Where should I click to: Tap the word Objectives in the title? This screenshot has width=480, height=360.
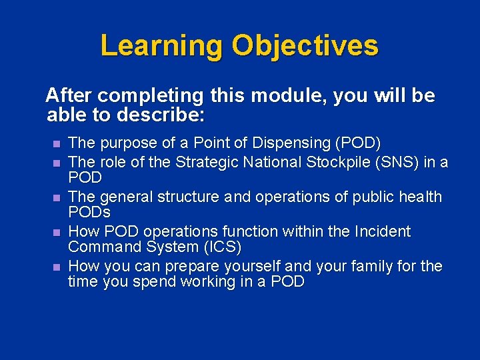[x=305, y=46]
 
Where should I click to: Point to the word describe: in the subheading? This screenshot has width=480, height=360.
[x=159, y=115]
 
